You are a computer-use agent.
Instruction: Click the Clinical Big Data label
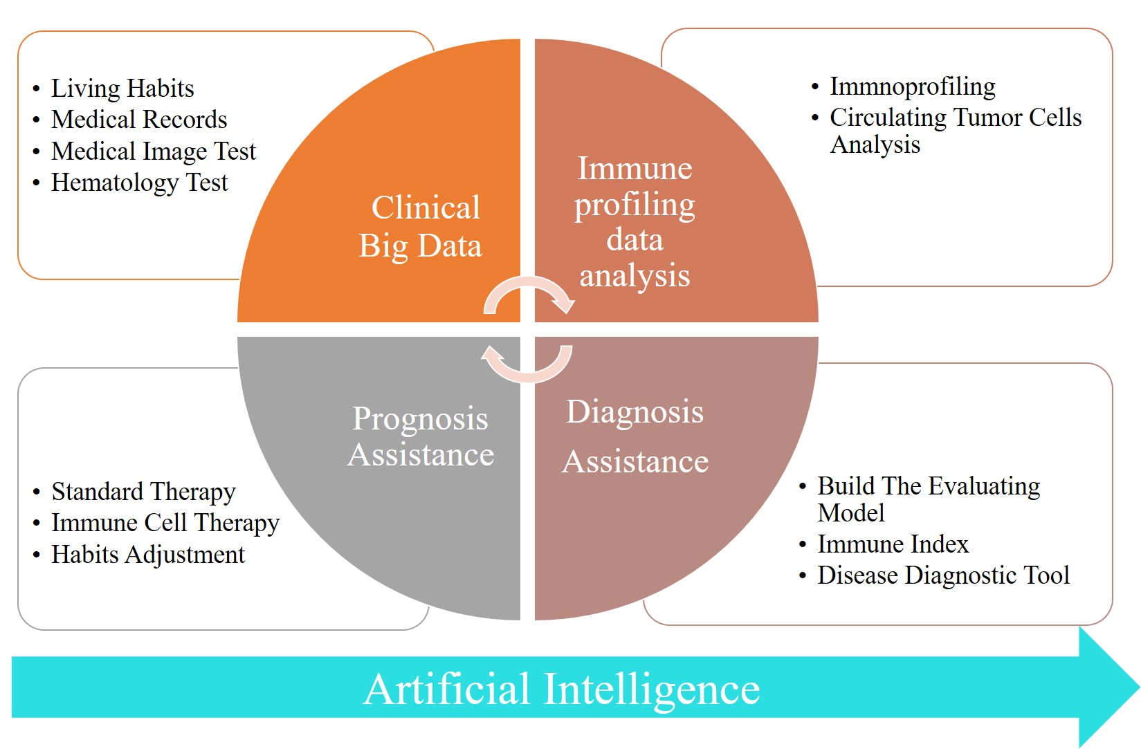coord(421,227)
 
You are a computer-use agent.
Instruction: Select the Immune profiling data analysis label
coord(635,221)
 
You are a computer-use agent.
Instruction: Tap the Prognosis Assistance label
coord(421,436)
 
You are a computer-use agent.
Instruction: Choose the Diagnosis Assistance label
coord(635,436)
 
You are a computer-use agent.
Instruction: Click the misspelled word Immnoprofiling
coord(912,86)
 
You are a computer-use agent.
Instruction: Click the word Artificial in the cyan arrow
coord(447,689)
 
